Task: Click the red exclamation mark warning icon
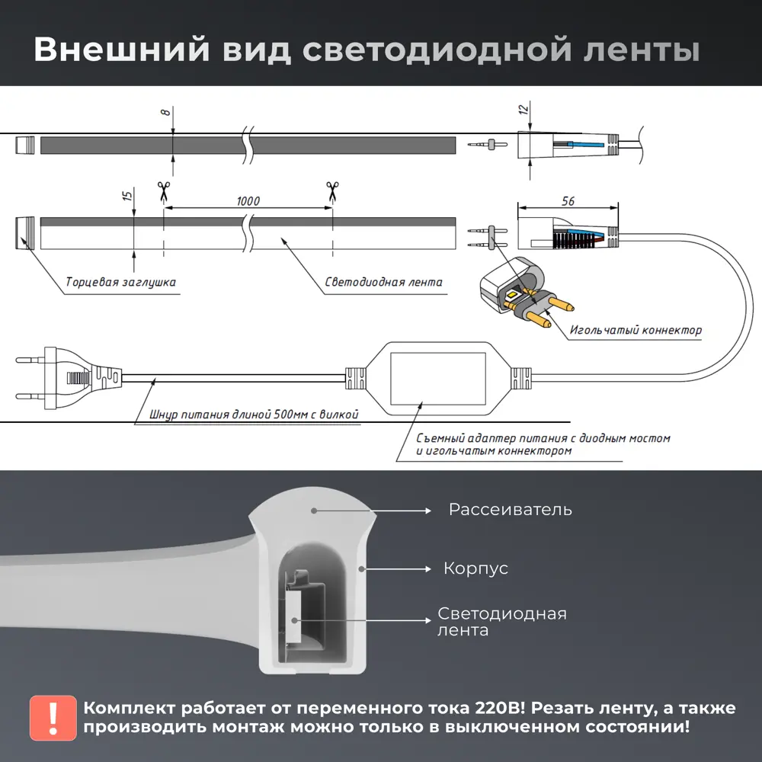(53, 717)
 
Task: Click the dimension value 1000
(248, 201)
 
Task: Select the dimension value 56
(568, 201)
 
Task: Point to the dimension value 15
(127, 196)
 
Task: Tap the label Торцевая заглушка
(120, 283)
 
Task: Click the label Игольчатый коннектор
(636, 331)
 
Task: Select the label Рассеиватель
(510, 509)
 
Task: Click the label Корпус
(475, 568)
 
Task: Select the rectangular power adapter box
(437, 379)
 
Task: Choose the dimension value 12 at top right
(523, 110)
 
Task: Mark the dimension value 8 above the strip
(165, 112)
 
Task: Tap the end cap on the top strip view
(25, 145)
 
